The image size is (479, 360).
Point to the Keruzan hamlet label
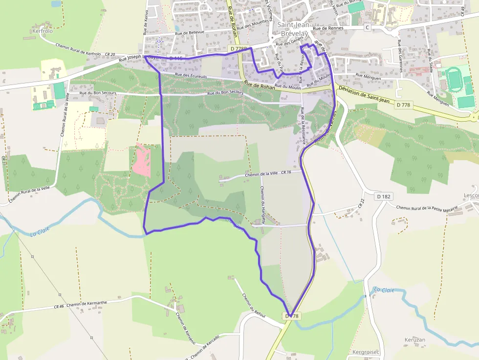pos(414,339)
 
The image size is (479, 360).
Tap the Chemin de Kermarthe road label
pos(87,304)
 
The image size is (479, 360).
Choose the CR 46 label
pos(59,307)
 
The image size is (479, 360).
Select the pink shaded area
pos(142,160)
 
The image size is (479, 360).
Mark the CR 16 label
pos(286,172)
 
